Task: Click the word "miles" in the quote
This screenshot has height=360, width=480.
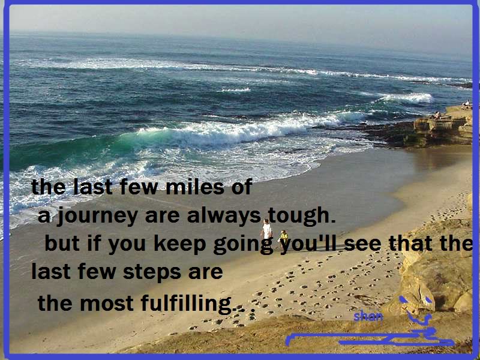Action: (196, 187)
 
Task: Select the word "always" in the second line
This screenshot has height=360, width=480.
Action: (223, 217)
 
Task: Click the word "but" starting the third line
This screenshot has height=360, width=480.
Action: (62, 244)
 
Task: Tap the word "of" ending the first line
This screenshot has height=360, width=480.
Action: (242, 187)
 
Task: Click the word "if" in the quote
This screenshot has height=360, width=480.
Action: (94, 244)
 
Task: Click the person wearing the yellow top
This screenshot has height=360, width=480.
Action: (284, 239)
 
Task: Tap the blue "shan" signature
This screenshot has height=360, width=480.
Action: (368, 316)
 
